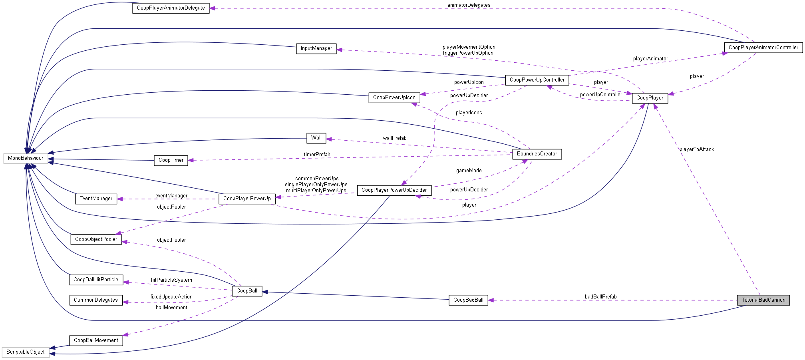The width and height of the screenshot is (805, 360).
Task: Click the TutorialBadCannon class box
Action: (763, 300)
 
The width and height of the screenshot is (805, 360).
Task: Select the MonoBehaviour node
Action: (26, 158)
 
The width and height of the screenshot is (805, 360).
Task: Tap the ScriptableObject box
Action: (26, 352)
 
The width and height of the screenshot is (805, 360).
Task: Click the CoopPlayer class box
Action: (650, 98)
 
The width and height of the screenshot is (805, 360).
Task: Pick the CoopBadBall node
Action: (468, 300)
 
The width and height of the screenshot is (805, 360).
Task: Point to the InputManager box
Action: (316, 48)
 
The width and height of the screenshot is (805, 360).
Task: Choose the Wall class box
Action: (316, 138)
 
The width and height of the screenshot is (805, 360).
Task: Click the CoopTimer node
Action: (171, 160)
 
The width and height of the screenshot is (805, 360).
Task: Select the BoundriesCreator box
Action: (537, 154)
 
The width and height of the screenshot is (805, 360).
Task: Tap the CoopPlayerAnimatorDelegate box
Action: (171, 8)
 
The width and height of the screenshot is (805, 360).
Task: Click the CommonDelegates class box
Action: (96, 300)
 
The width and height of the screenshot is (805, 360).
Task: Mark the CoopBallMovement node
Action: (96, 340)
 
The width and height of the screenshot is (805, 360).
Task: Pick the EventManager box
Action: (96, 199)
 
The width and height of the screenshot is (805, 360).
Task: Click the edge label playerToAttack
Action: (696, 149)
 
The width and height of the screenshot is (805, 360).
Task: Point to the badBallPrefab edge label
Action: (600, 297)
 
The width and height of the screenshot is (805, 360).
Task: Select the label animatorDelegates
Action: (469, 5)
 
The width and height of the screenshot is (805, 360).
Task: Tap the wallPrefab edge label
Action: (394, 138)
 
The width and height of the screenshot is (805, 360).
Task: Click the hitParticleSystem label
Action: (171, 280)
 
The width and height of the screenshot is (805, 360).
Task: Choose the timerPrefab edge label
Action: (317, 155)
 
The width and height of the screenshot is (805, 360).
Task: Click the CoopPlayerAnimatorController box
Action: (763, 48)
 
